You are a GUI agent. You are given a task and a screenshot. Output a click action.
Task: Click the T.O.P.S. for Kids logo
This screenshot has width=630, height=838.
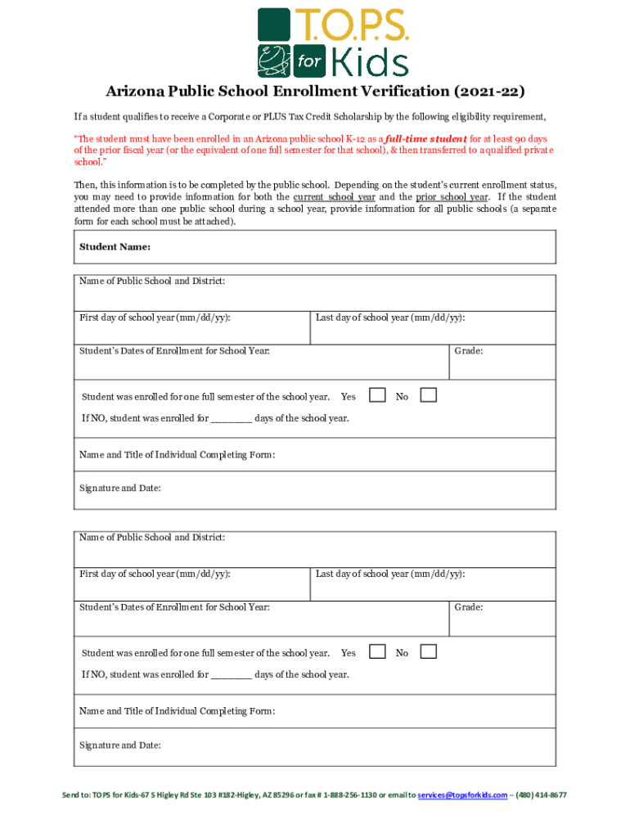coord(333,42)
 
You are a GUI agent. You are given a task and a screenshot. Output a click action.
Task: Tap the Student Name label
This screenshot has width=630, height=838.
coord(115,246)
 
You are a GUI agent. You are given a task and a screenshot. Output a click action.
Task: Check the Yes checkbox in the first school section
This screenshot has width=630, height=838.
coord(377,395)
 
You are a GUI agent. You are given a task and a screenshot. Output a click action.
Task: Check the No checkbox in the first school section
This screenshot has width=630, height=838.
coord(428,395)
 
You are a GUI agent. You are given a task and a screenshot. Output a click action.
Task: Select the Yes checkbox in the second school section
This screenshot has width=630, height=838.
coord(377,651)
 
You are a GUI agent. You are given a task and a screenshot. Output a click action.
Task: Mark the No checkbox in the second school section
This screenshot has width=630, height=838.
coord(428,651)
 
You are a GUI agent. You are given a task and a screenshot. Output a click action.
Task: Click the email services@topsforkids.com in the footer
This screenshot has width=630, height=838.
coord(462,795)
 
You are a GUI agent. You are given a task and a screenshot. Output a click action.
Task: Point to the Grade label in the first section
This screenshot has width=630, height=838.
coord(469,351)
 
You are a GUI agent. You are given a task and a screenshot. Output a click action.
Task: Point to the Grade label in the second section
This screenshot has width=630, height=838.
coord(469,607)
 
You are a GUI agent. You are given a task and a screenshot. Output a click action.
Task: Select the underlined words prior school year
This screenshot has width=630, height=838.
coord(452,197)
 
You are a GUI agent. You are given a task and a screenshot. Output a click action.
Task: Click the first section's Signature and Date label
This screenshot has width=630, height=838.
coord(119,489)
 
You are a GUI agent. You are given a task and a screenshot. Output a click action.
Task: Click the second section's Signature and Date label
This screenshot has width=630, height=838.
coord(119,746)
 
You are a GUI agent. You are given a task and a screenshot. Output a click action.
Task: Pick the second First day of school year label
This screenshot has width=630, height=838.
coord(154,574)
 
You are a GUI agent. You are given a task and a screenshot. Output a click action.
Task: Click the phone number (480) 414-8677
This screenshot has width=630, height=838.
coord(541,795)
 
